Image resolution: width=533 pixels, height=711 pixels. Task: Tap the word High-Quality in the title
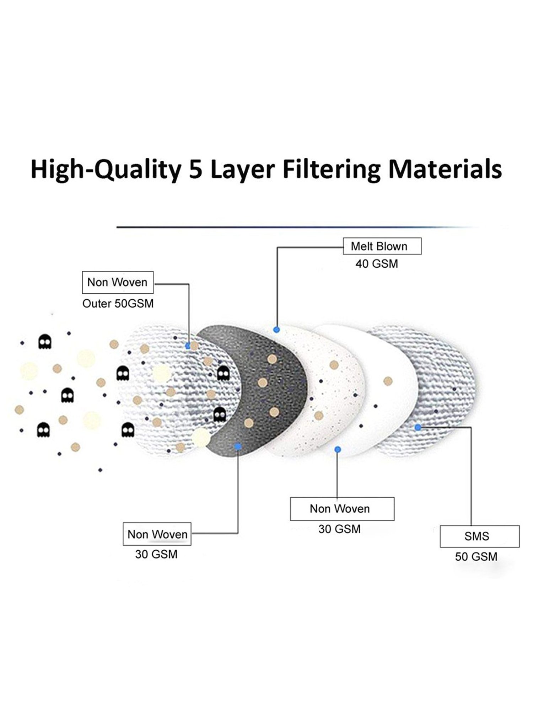coord(106,170)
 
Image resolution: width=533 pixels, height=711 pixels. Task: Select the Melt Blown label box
coord(382,246)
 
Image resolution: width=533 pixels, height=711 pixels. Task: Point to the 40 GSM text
coord(377,264)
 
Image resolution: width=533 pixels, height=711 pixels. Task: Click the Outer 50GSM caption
coord(118,304)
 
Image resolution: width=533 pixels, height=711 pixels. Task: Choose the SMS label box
coord(479,536)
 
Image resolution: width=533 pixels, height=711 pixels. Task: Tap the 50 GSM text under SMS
coord(476,556)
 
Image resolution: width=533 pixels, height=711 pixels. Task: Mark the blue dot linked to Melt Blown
coord(276,330)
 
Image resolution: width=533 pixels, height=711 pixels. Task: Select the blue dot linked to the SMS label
coord(418,427)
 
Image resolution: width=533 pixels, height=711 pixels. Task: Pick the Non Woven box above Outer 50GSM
coord(118,282)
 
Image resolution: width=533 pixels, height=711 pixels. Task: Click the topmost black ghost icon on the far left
coord(45,342)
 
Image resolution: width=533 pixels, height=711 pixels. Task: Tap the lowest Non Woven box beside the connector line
coord(157,534)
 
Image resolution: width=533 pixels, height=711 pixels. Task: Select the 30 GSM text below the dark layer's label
coord(156,554)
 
